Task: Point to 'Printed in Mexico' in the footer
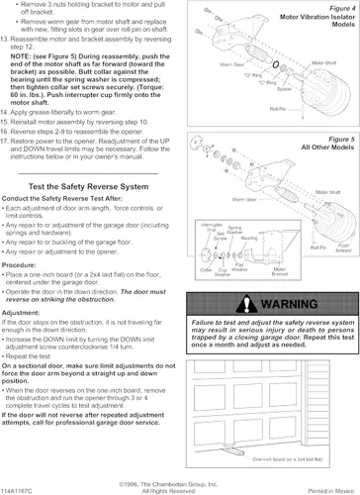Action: (x=331, y=489)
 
